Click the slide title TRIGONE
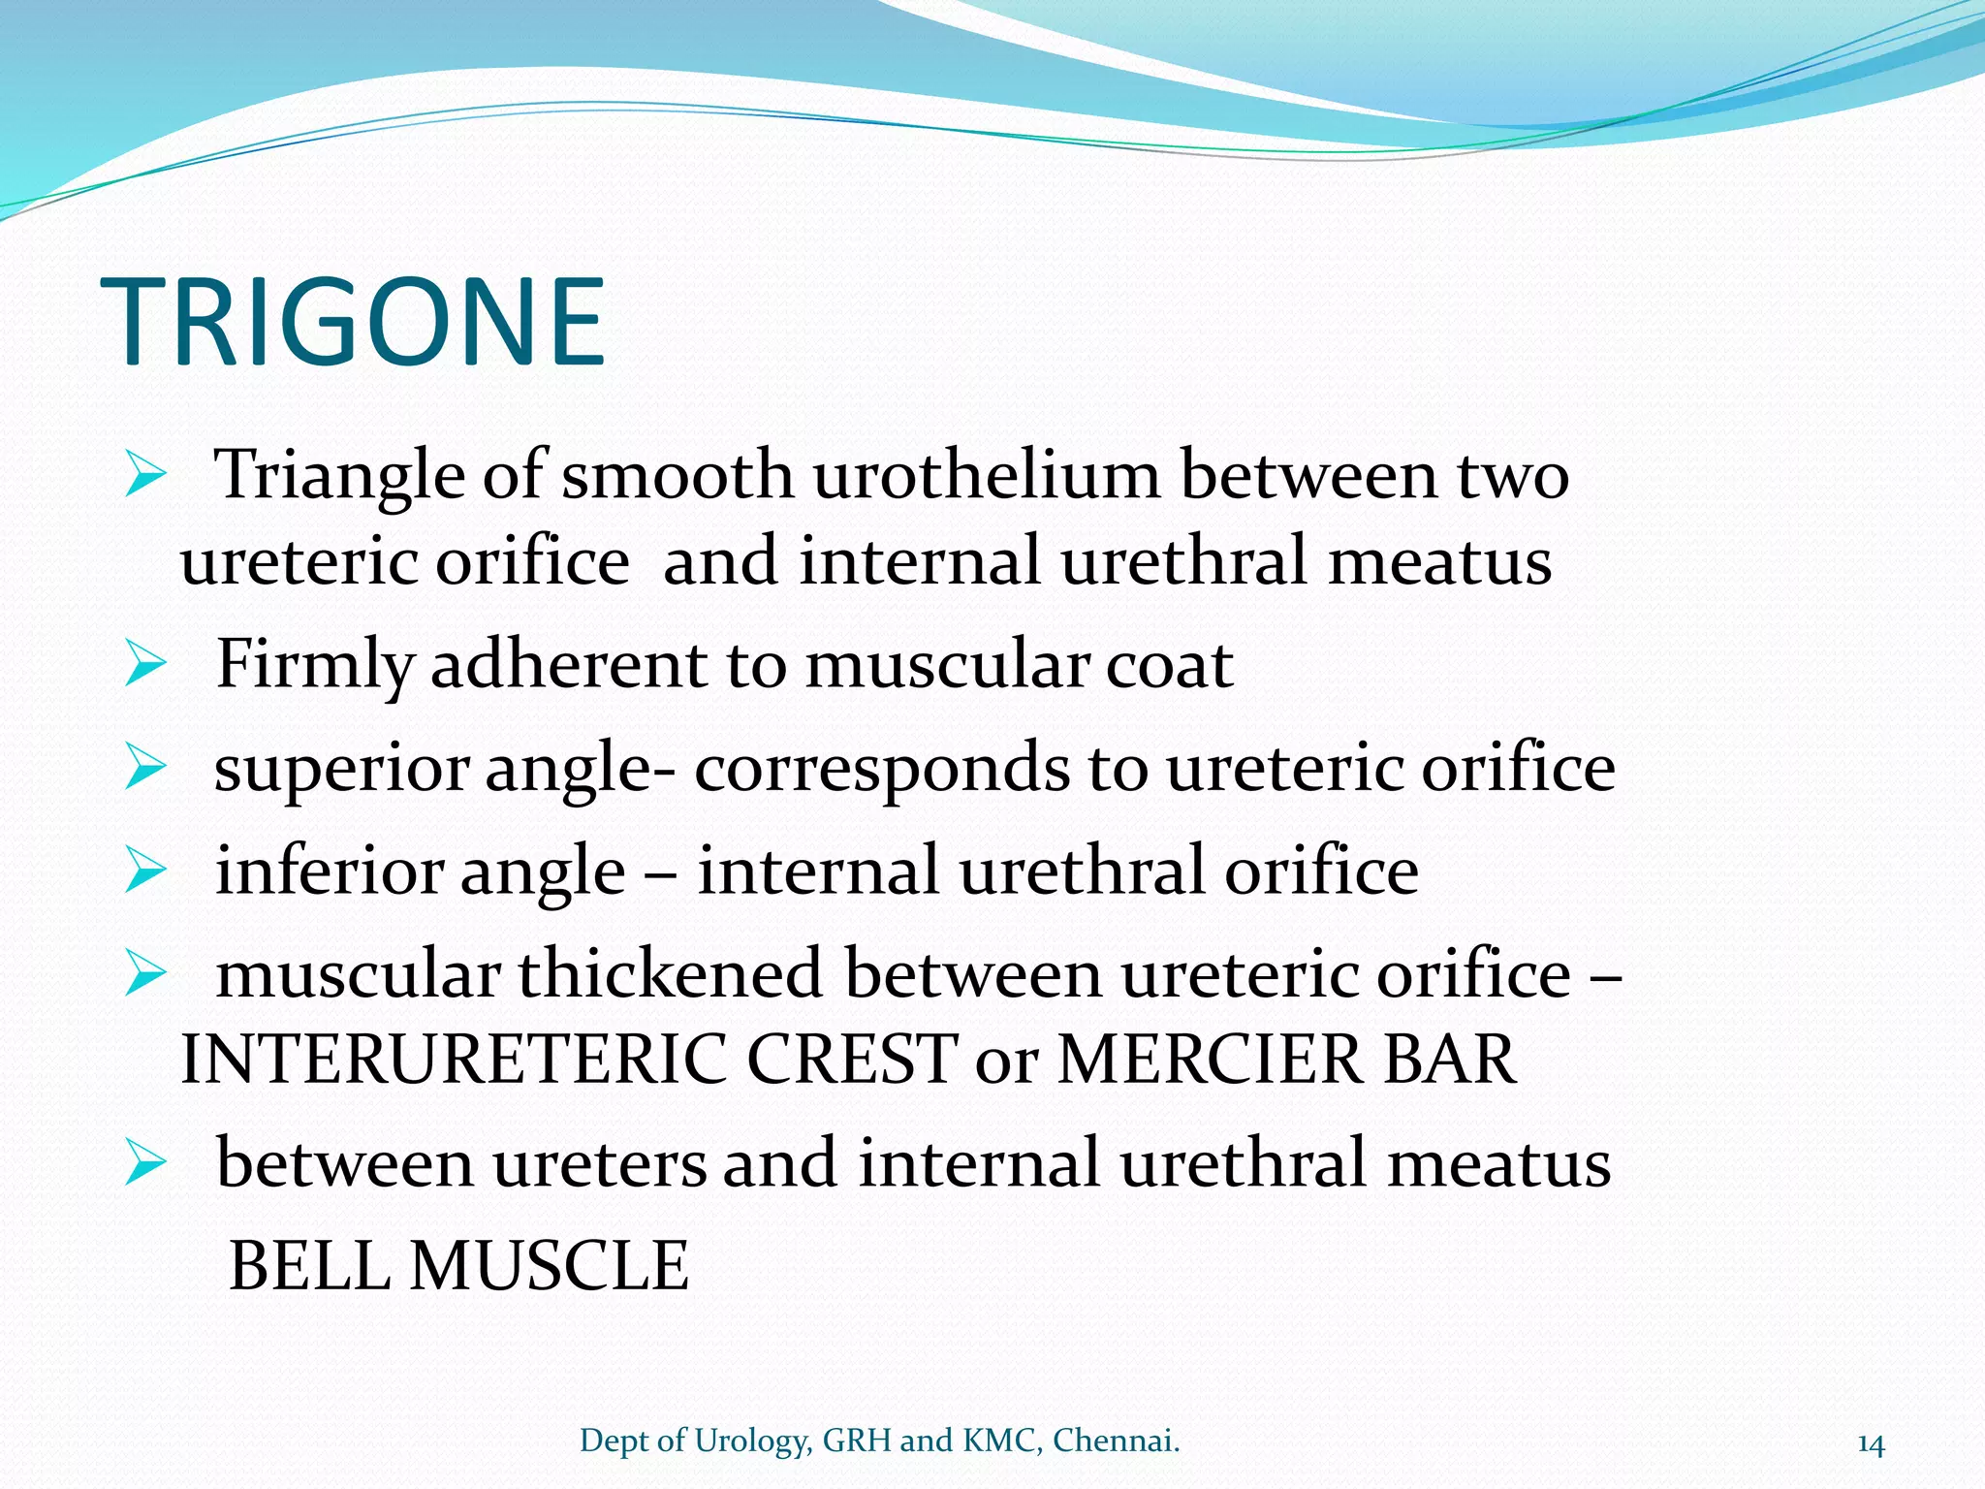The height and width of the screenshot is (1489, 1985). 353,323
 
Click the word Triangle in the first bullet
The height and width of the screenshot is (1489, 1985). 339,476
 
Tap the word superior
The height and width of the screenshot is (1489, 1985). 340,769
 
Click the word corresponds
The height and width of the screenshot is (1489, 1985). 882,769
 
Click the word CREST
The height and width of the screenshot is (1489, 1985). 852,1060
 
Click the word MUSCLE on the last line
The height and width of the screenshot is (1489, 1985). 550,1266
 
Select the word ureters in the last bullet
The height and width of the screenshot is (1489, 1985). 599,1163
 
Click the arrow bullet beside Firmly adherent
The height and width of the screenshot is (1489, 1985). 145,666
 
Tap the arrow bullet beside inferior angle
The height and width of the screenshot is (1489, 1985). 145,871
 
